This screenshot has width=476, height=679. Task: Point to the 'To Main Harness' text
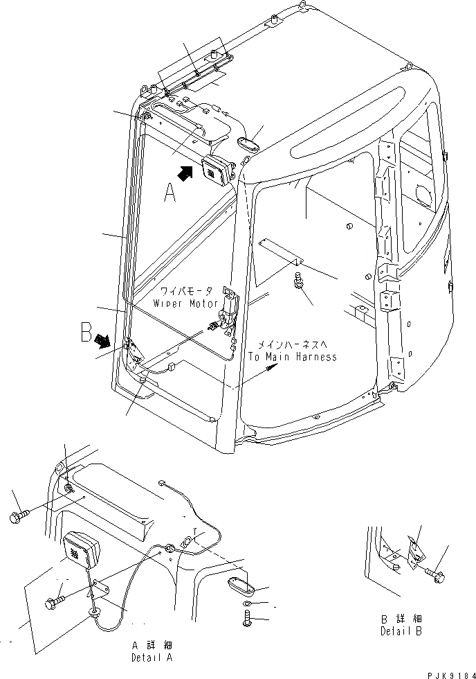[x=293, y=357]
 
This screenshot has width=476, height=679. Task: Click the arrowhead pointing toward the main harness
[x=273, y=370]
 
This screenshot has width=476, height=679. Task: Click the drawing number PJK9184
[x=447, y=672]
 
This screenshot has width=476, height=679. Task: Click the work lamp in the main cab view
[x=216, y=170]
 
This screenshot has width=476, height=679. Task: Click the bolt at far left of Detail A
[x=19, y=517]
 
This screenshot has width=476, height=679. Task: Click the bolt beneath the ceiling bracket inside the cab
[x=300, y=283]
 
